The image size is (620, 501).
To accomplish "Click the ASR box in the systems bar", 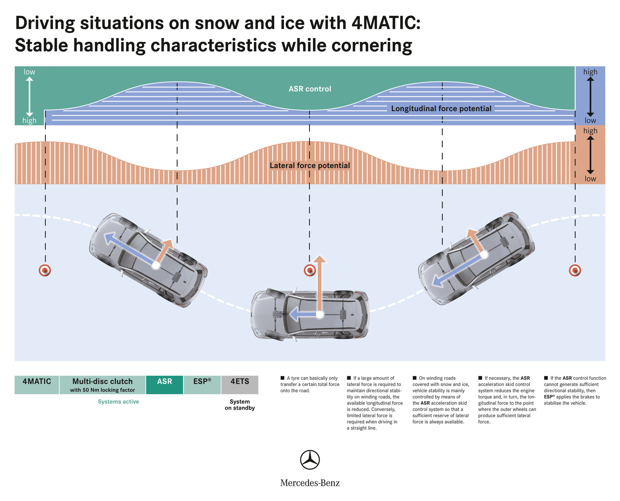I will coord(164,385).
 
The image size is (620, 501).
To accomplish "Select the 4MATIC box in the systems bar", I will coord(37,385).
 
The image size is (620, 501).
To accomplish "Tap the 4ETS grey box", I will coord(240,385).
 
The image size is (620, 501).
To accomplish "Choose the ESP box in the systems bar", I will coord(202,385).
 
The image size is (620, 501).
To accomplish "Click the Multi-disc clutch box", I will coord(102,385).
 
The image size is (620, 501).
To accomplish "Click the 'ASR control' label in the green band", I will coord(310,89).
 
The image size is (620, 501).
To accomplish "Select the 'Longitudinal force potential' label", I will coord(441,109).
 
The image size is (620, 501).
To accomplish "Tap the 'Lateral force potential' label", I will coord(310,166).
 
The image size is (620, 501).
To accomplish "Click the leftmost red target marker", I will coord(45,270).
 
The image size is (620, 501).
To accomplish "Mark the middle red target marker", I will coord(310,270).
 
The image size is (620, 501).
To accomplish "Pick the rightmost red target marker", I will coord(575,270).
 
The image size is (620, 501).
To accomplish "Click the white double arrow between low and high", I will coord(29,96).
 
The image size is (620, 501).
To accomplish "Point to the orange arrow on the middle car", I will coord(320,284).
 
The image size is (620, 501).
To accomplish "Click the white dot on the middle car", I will coord(319,315).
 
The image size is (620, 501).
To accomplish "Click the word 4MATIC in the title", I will coord(386,23).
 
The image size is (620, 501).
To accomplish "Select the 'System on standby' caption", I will coord(240,405).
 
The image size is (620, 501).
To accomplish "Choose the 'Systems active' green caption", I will coord(119,402).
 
